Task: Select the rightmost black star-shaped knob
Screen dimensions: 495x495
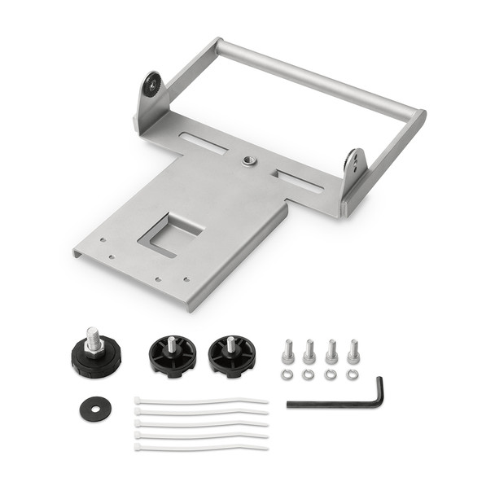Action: pyautogui.click(x=231, y=355)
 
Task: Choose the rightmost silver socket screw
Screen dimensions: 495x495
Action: pyautogui.click(x=353, y=350)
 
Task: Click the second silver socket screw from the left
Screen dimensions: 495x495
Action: pyautogui.click(x=309, y=351)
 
